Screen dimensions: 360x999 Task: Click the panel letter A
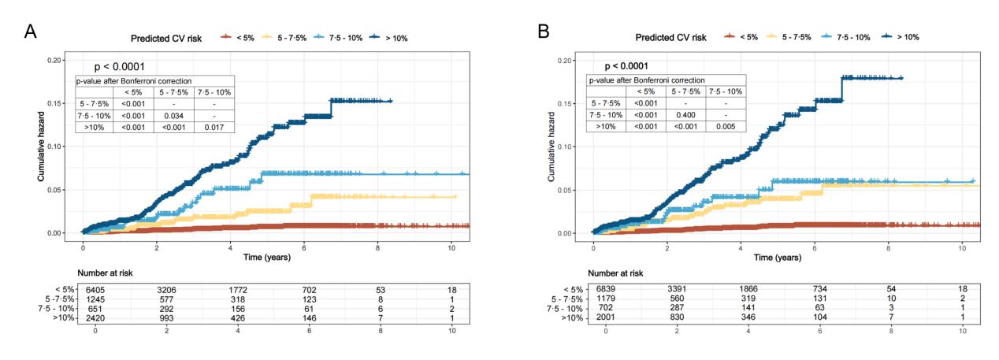tap(31, 31)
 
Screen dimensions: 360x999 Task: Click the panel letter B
tap(543, 31)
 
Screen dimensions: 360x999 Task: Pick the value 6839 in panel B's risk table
tap(606, 290)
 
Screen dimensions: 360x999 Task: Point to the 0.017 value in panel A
tap(215, 127)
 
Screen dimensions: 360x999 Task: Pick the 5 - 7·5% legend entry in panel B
tap(791, 37)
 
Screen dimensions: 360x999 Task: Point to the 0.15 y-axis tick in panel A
tap(54, 103)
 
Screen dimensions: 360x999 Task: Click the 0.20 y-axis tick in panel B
tap(564, 60)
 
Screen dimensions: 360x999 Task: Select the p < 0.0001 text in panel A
tap(120, 67)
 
